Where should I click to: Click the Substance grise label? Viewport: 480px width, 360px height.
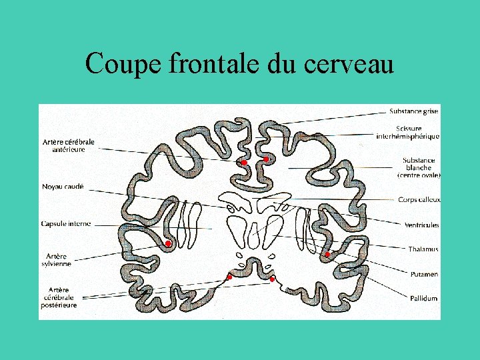tap(413, 111)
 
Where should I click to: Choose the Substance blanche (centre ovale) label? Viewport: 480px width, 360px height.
tap(419, 167)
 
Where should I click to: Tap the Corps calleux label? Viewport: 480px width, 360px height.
tap(419, 199)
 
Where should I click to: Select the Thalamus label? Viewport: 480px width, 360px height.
tap(423, 249)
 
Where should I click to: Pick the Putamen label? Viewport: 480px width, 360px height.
tap(424, 273)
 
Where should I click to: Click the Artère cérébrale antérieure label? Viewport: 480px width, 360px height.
tap(68, 145)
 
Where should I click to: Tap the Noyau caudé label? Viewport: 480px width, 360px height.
tap(63, 187)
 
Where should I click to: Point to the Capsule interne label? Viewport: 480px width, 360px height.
tap(65, 223)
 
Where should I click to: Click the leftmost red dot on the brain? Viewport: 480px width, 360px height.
tap(168, 244)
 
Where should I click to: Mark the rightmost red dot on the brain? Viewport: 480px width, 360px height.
tap(327, 255)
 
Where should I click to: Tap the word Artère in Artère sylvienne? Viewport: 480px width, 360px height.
tap(56, 256)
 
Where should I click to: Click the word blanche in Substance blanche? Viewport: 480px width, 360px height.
tap(419, 167)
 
